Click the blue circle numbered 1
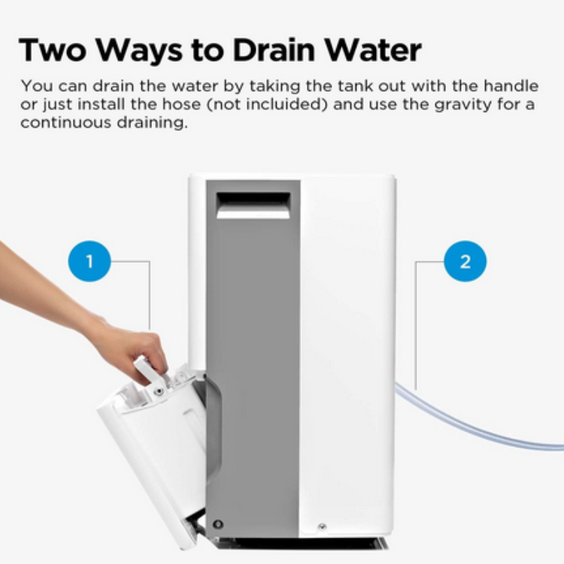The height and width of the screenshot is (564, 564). coord(89,261)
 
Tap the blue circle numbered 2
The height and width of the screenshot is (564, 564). coord(465,261)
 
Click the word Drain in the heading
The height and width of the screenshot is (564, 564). coord(274,50)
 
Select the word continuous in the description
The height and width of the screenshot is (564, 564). coord(66,123)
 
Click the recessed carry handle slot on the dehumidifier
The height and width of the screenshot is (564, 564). coord(253,205)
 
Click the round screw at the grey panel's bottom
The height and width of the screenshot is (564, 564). coord(218,524)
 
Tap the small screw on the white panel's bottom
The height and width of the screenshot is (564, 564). coord(322,527)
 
